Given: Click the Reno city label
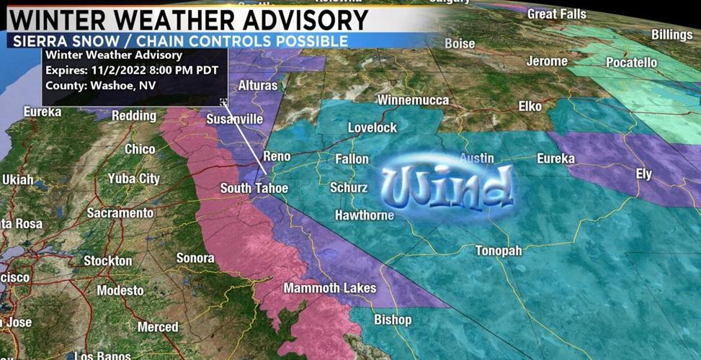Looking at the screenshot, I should (x=277, y=156).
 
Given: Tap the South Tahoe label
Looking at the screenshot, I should (x=254, y=189).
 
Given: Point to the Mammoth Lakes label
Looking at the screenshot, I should (x=329, y=288).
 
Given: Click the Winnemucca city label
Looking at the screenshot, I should (x=413, y=100).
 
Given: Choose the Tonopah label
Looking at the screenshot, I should (x=503, y=251).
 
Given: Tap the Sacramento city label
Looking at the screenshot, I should (x=120, y=213).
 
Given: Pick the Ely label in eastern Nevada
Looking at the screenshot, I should (x=643, y=174).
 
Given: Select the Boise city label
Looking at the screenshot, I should (x=460, y=43).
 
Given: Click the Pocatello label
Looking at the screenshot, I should (x=631, y=63).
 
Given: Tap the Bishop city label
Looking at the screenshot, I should (x=393, y=320).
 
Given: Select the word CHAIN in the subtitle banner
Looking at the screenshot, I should (x=189, y=42).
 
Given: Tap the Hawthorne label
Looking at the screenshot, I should (x=365, y=215).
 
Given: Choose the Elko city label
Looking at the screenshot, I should (x=530, y=107).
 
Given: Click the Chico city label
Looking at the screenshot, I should (x=140, y=149).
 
